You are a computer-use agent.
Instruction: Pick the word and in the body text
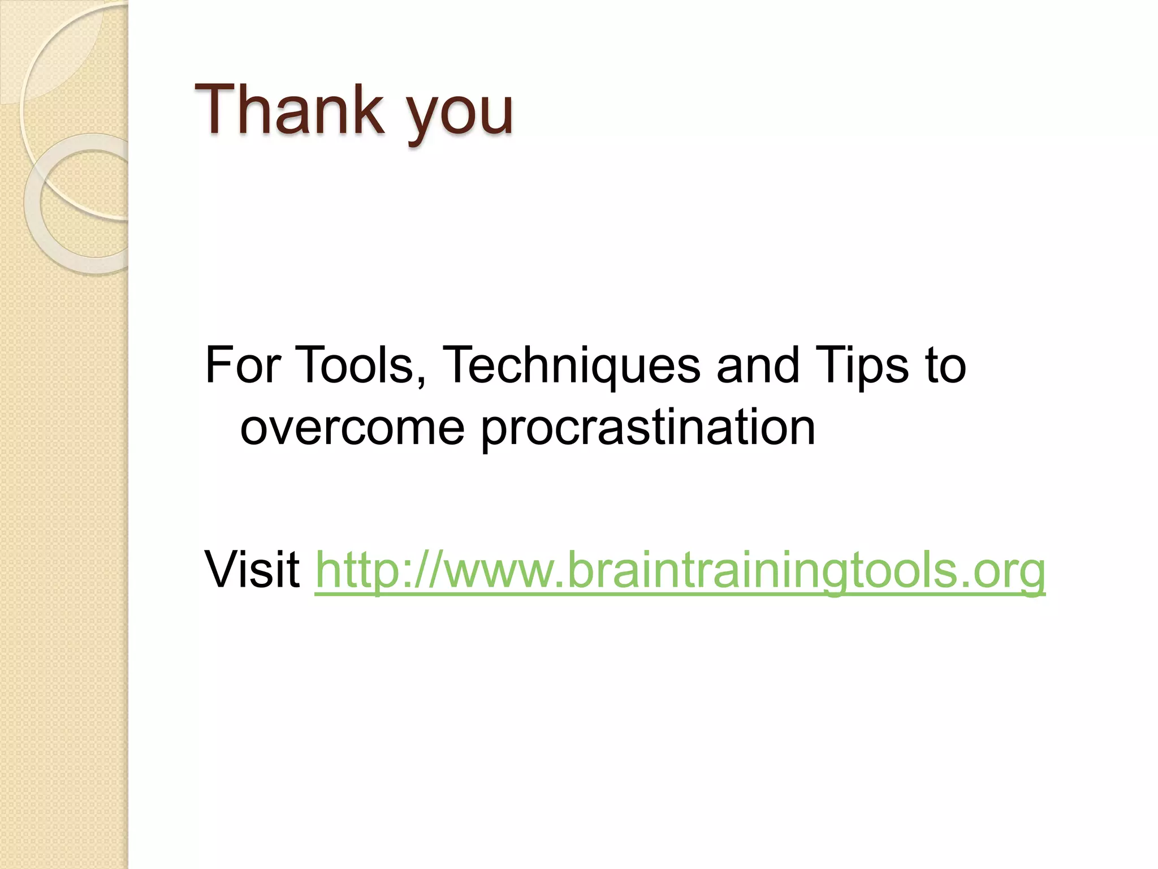point(758,365)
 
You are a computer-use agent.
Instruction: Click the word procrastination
point(648,430)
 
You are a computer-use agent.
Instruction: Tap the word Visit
point(252,569)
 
